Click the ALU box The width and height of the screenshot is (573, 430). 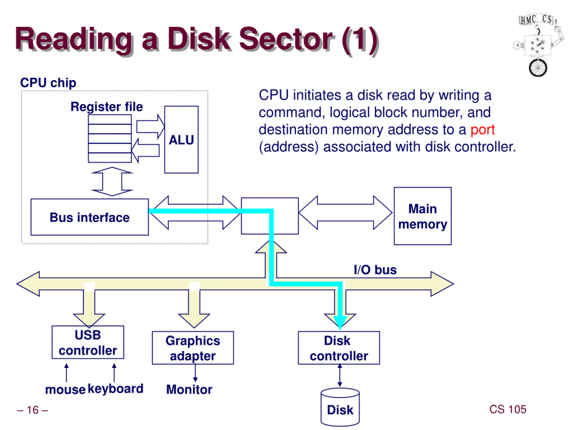(x=181, y=140)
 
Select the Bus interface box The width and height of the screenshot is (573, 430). (x=90, y=217)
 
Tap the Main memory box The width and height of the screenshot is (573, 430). (x=423, y=216)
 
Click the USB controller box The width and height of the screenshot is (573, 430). (x=88, y=342)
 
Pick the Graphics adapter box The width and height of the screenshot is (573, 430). (x=193, y=348)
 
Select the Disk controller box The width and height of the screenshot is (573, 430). (x=339, y=348)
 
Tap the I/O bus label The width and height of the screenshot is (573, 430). (x=375, y=270)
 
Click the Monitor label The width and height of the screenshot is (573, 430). (x=189, y=389)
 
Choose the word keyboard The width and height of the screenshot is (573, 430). (x=115, y=389)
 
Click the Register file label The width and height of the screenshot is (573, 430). (x=107, y=107)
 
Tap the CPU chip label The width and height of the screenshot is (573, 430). (x=48, y=83)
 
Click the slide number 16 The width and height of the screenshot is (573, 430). (x=33, y=410)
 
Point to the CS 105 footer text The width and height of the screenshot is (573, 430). (x=508, y=409)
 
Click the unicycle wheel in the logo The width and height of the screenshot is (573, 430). (x=538, y=68)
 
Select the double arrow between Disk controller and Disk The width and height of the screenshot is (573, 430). (x=340, y=375)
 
